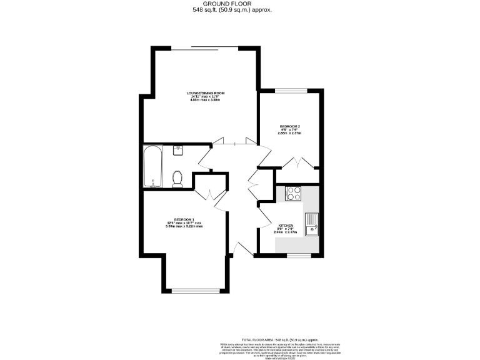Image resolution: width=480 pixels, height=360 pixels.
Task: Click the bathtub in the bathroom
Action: point(152,166)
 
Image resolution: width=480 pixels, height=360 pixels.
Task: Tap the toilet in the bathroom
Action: point(177,179)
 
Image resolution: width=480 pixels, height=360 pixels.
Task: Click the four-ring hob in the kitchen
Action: point(292,194)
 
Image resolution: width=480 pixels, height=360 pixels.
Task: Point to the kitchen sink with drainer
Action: point(311,223)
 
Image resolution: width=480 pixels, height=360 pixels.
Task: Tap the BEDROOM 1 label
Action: point(184,219)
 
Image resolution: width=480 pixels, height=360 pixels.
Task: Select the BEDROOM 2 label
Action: point(289,127)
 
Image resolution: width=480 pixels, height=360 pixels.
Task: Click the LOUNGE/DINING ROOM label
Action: point(206,93)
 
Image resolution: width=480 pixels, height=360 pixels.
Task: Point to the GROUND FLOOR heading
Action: point(239,4)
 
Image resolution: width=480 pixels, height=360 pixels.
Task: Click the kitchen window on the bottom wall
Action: point(299,255)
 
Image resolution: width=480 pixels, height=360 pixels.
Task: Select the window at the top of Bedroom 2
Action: point(291,91)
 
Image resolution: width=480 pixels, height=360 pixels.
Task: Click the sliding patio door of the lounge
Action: point(204,47)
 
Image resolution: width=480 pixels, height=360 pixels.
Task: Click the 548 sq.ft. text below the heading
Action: point(239,10)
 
